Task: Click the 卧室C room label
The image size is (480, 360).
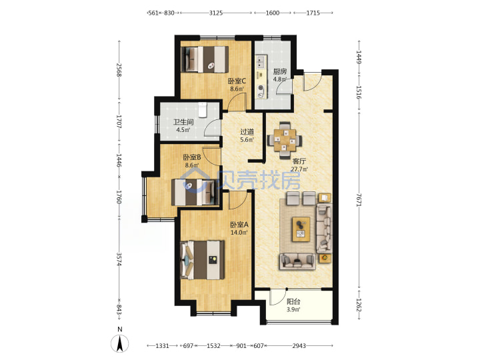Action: pyautogui.click(x=237, y=81)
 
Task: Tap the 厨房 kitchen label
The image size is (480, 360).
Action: pyautogui.click(x=280, y=71)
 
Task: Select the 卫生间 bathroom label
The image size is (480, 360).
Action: pyautogui.click(x=183, y=122)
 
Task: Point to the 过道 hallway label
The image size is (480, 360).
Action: pyautogui.click(x=247, y=132)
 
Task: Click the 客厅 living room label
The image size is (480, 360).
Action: pyautogui.click(x=299, y=161)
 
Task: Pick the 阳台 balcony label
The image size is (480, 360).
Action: pyautogui.click(x=293, y=301)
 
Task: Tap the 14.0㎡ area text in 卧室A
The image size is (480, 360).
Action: pyautogui.click(x=239, y=233)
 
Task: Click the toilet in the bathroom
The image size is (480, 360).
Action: pyautogui.click(x=203, y=110)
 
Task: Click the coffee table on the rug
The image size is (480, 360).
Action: pyautogui.click(x=301, y=229)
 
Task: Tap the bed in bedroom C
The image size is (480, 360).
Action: pyautogui.click(x=205, y=59)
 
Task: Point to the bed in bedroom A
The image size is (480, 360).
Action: pyautogui.click(x=203, y=260)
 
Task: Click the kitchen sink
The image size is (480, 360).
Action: pyautogui.click(x=261, y=61)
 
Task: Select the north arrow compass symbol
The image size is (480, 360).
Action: pyautogui.click(x=120, y=343)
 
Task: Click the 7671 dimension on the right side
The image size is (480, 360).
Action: pyautogui.click(x=359, y=200)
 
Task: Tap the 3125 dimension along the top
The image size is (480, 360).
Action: pyautogui.click(x=216, y=13)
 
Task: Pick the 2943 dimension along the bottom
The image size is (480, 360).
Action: pyautogui.click(x=299, y=345)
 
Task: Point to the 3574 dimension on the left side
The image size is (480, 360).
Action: pyautogui.click(x=119, y=259)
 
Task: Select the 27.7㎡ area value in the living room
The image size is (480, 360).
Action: pyautogui.click(x=299, y=169)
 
